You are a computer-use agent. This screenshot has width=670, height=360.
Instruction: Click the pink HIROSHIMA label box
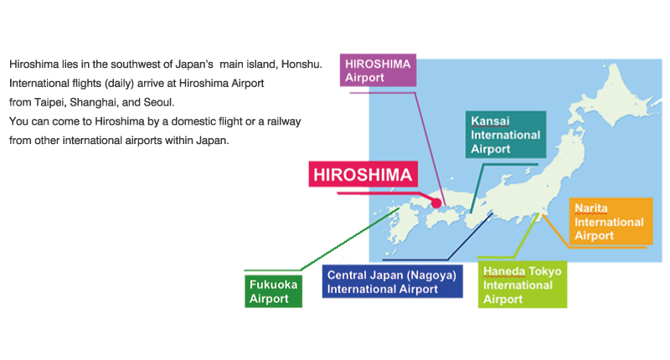click(363, 175)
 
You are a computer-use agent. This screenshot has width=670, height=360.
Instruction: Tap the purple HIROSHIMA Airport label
click(377, 69)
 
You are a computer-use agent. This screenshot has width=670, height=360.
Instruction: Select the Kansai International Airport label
click(506, 134)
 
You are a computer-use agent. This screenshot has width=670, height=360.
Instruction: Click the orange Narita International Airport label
click(609, 221)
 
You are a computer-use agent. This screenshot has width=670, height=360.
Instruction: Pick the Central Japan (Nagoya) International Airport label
click(391, 281)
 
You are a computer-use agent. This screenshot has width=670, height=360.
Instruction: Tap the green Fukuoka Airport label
click(273, 291)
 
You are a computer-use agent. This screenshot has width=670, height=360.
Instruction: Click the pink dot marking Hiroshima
click(435, 202)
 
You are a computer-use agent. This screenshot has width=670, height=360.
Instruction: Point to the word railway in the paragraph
click(283, 121)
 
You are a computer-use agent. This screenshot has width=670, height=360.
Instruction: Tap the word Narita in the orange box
click(591, 207)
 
